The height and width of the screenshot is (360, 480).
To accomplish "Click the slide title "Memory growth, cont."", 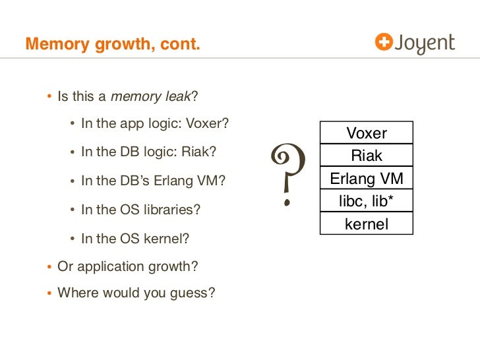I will [113, 45].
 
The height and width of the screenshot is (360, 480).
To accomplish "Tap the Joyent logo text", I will [425, 44].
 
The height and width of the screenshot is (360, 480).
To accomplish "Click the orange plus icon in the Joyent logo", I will [383, 42].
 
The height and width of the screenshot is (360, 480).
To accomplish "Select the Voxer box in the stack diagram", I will [367, 133].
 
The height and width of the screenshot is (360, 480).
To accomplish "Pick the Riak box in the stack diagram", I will [367, 156].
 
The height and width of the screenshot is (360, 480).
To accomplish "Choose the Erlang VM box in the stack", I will [367, 179].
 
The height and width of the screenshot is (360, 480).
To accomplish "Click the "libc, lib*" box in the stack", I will [367, 201].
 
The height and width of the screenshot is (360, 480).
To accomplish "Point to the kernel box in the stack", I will [367, 224].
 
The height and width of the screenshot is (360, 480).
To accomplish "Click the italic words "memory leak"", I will [150, 97].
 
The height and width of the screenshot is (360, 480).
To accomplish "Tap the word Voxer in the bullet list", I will [208, 123].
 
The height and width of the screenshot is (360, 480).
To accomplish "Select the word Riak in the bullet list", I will [200, 152].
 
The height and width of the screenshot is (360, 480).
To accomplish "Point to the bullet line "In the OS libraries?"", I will [140, 210].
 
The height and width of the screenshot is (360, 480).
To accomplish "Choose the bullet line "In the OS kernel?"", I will [135, 239].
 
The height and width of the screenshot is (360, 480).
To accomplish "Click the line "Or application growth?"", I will [128, 266].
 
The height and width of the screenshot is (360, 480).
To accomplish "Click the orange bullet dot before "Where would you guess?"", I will [49, 292].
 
